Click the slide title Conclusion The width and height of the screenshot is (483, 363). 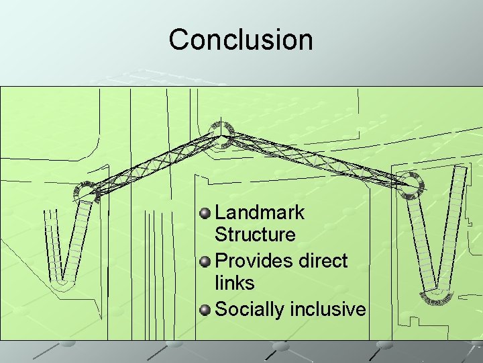point(241,40)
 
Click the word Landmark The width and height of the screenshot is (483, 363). point(260,213)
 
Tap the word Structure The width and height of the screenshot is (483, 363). point(255,235)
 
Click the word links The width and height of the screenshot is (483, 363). point(235,282)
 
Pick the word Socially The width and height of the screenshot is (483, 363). point(250,309)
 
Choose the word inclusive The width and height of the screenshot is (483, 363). point(328,309)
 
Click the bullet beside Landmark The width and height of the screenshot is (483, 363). point(205,214)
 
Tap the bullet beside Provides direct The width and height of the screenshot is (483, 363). point(205,261)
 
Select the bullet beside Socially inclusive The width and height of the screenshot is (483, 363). point(205,309)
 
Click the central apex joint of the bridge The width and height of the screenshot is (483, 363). point(219,135)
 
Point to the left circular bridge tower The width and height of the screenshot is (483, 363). point(86,191)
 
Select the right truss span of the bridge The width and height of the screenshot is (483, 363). point(315,158)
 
